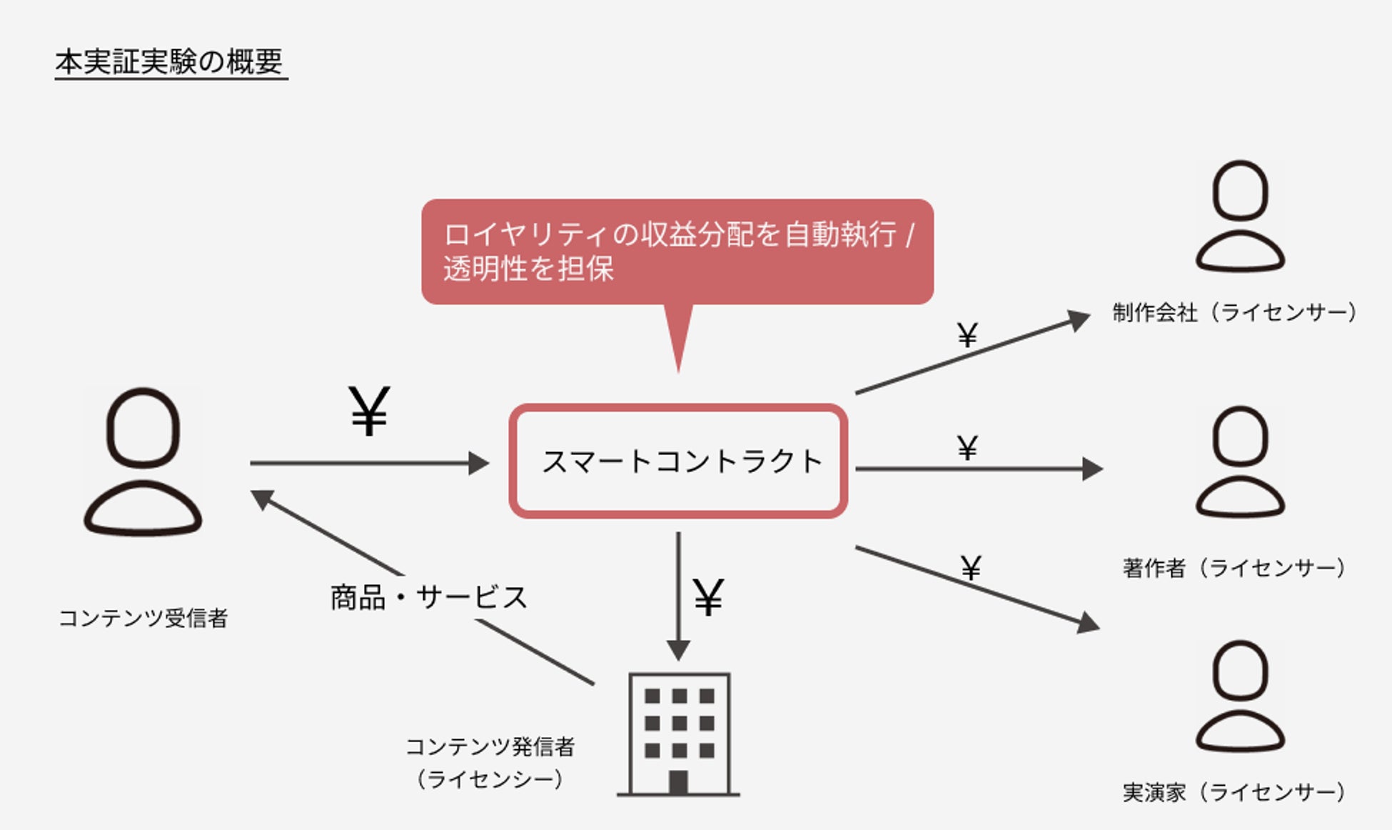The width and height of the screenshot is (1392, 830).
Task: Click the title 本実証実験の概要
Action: (170, 62)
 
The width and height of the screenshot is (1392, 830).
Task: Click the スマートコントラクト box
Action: (678, 461)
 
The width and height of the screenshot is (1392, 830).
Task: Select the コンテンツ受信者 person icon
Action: (143, 461)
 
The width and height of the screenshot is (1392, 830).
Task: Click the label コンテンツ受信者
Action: (143, 618)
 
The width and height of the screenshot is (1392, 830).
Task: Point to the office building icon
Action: (678, 734)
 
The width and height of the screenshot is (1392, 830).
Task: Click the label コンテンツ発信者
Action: (490, 747)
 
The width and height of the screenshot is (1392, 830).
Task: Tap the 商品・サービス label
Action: (428, 597)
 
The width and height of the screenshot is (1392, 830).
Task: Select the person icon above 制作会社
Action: (1240, 216)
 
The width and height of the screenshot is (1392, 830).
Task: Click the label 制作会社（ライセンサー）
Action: (1235, 312)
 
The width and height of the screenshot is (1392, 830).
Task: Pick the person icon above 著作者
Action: (1240, 461)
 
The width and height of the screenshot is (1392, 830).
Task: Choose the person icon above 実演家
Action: (1240, 696)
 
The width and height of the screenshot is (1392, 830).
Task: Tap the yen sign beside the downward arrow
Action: (709, 597)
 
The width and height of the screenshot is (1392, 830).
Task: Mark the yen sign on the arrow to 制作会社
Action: (967, 334)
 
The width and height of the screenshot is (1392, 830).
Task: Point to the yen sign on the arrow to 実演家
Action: (970, 568)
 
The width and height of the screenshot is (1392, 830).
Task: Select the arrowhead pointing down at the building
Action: (678, 650)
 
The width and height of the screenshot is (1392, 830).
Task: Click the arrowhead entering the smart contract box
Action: (479, 463)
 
